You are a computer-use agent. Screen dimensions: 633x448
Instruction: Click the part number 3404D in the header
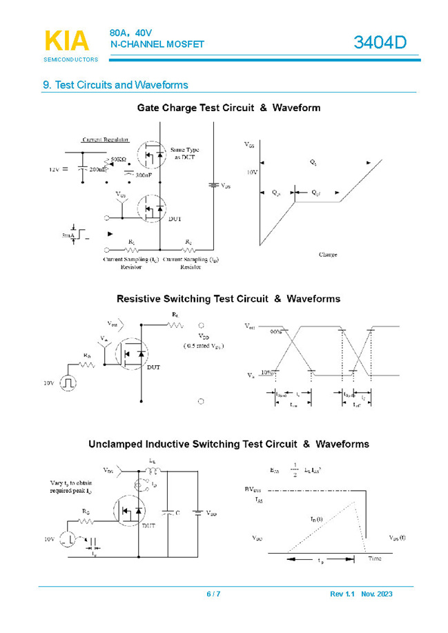click(x=380, y=42)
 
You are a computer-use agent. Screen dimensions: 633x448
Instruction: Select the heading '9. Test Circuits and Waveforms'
click(x=115, y=85)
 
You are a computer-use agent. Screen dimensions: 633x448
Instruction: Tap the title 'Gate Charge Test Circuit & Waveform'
click(x=228, y=108)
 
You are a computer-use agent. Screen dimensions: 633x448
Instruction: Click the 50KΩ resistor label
click(x=118, y=159)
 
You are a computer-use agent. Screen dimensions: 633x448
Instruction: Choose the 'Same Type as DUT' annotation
click(x=186, y=153)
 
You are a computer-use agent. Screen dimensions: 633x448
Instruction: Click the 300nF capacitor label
click(x=143, y=175)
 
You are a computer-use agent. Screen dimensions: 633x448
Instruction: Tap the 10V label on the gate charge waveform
click(x=252, y=172)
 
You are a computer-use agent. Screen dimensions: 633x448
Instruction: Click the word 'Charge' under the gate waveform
click(x=328, y=255)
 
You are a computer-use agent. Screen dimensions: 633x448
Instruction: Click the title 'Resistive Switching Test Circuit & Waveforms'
click(x=228, y=299)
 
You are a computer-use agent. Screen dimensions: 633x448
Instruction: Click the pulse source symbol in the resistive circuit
click(x=68, y=382)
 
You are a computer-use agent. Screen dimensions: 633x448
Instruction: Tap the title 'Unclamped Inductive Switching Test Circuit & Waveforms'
click(x=228, y=444)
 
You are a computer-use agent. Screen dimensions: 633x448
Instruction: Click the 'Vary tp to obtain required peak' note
click(x=70, y=486)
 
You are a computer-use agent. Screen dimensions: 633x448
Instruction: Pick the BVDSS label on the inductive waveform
click(x=253, y=489)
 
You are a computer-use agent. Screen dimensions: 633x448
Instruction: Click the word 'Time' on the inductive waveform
click(x=374, y=558)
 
